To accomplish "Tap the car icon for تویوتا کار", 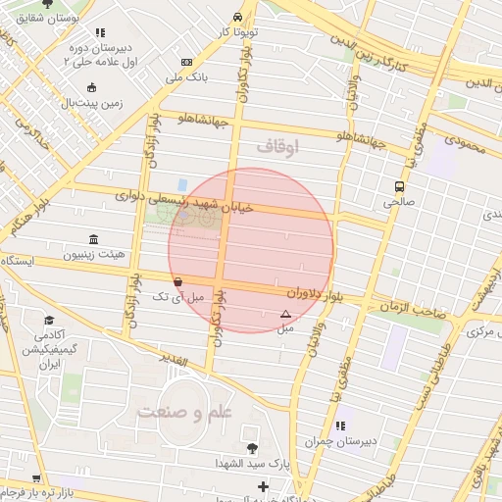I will (x=238, y=18).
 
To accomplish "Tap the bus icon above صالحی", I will (x=399, y=186).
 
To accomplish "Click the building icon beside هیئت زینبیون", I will (x=93, y=240).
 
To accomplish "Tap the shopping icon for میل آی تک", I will (x=176, y=281).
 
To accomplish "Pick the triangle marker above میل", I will (x=285, y=315).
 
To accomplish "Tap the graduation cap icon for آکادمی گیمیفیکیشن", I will (x=49, y=321).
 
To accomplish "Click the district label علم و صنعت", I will (x=190, y=413).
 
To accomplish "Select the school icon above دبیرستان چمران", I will (x=340, y=426).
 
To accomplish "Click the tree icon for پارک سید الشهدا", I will (x=252, y=448).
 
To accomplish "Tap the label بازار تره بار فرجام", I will (x=39, y=489).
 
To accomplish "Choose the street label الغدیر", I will (x=173, y=361).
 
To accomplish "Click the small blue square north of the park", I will (x=182, y=184).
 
